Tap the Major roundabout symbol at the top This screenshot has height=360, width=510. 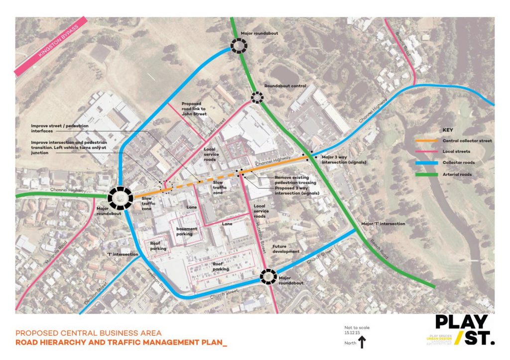[x=239, y=46]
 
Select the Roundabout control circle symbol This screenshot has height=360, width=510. [x=257, y=97]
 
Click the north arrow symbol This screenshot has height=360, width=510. [x=362, y=342]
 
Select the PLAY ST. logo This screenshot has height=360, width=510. [x=465, y=330]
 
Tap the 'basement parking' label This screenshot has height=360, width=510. [x=187, y=231]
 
